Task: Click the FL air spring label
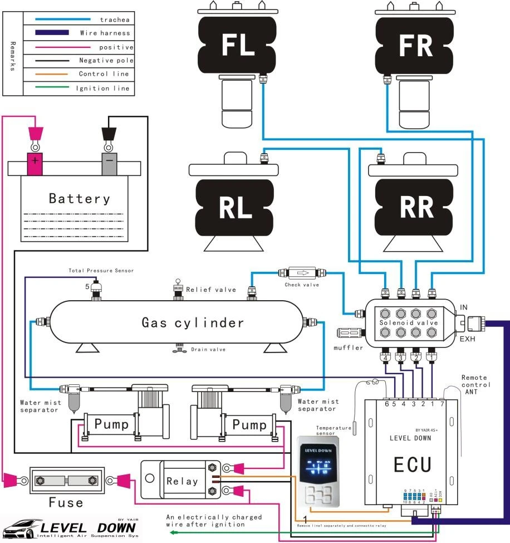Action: coord(238,45)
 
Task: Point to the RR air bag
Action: coord(416,207)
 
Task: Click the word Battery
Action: coord(79,198)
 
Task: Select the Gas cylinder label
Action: coord(193,322)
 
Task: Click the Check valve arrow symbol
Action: coord(303,273)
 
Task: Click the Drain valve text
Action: coord(208,350)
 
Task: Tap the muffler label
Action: coord(348,348)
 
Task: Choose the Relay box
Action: coord(182,480)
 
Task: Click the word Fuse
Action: coord(65,502)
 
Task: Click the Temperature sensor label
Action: coord(334,431)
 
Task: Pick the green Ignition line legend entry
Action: coord(102,88)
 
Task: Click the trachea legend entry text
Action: coord(111,19)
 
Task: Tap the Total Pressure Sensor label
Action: coord(101,271)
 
